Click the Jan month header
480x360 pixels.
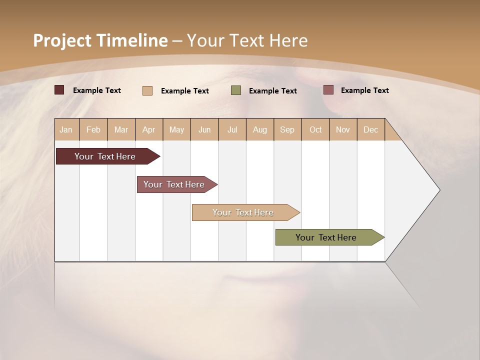pyautogui.click(x=66, y=129)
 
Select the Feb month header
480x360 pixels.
pyautogui.click(x=93, y=129)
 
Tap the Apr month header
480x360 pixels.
pyautogui.click(x=149, y=129)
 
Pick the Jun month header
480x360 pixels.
pyautogui.click(x=204, y=129)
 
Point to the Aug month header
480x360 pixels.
pyautogui.click(x=260, y=129)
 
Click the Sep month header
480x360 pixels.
pyautogui.click(x=287, y=129)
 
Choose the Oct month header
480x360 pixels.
pyautogui.click(x=315, y=129)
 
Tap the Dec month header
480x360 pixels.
pyautogui.click(x=371, y=129)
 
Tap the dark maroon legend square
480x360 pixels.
pyautogui.click(x=59, y=90)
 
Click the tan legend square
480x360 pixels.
pyautogui.click(x=147, y=90)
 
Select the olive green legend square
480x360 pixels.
pyautogui.click(x=236, y=90)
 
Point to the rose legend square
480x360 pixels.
pyautogui.click(x=328, y=90)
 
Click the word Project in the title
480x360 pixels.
pyautogui.click(x=62, y=40)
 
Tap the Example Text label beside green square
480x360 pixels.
pyautogui.click(x=273, y=91)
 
